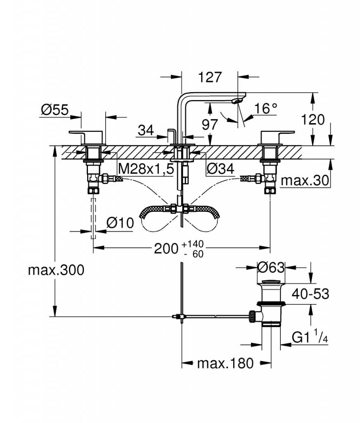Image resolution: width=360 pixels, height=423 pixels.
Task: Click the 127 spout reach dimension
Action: [x=210, y=77]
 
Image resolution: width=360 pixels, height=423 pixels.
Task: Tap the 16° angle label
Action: [x=265, y=109]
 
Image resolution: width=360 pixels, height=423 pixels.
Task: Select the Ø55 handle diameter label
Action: [x=55, y=110]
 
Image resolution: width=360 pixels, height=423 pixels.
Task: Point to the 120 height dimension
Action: [x=313, y=119]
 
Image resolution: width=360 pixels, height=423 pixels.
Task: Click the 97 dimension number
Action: [x=210, y=125]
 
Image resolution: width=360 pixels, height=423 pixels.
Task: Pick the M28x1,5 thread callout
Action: [x=146, y=169]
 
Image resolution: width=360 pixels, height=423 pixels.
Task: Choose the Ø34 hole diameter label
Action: [x=220, y=169]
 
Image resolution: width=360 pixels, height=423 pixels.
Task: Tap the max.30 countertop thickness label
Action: [x=305, y=181]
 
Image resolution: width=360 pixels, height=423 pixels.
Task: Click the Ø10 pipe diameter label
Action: [x=120, y=223]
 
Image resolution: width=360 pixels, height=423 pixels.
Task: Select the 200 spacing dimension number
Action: [x=166, y=248]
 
